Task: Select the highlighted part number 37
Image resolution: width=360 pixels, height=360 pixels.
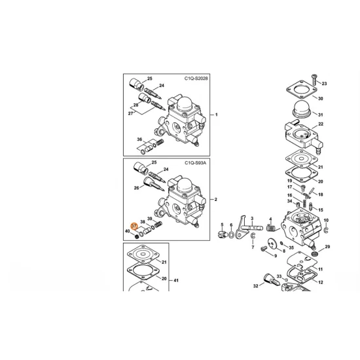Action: click(134, 225)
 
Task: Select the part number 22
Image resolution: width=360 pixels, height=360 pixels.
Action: click(321, 124)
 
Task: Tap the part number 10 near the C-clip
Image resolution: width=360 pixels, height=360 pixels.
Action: click(325, 221)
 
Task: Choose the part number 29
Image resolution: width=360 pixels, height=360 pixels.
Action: click(327, 247)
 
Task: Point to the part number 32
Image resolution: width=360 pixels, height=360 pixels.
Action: click(255, 286)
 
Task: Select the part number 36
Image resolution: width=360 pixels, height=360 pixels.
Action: click(139, 140)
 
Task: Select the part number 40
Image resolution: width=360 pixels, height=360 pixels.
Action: click(128, 231)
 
